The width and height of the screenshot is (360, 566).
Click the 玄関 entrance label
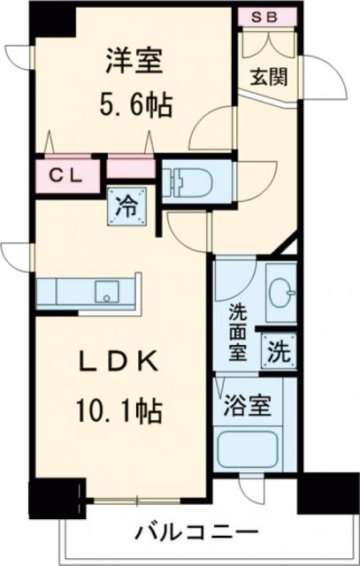(269, 76)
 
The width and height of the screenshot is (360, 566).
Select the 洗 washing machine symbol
(277, 350)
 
